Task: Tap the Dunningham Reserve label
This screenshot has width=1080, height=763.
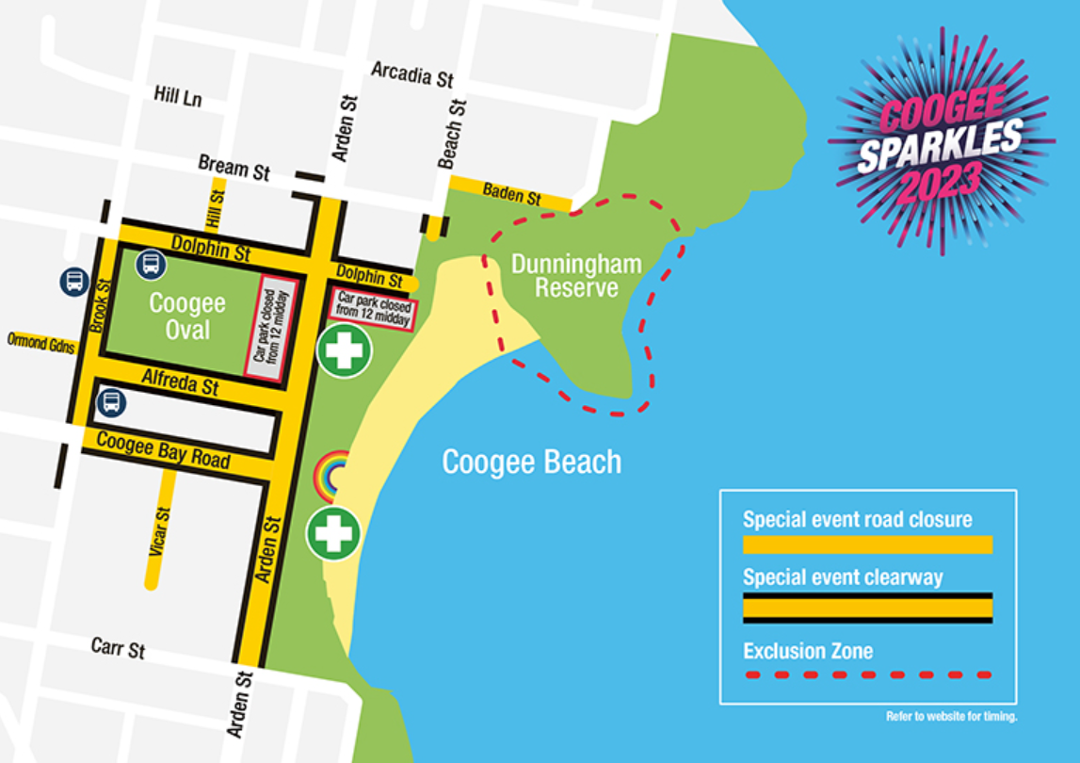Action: (576, 275)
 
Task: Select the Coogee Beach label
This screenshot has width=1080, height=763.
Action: (532, 463)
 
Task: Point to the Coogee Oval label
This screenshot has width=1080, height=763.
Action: (187, 317)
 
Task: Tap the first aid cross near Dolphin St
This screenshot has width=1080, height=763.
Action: (345, 350)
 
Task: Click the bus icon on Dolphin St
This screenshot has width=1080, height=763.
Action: (151, 265)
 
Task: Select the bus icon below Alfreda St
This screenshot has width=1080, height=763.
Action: (111, 403)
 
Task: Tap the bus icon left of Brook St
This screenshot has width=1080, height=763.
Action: (74, 281)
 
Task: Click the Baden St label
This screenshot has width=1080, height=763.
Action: (512, 196)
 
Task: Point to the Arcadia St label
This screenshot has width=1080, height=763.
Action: (412, 75)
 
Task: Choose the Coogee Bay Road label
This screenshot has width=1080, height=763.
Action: (163, 449)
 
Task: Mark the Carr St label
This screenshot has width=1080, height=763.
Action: (119, 647)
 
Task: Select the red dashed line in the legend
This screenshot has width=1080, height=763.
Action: (867, 674)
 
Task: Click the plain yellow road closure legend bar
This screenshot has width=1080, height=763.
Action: (867, 544)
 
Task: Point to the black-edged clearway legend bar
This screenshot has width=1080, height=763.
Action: (867, 608)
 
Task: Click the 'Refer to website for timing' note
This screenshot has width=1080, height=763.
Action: (951, 717)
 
